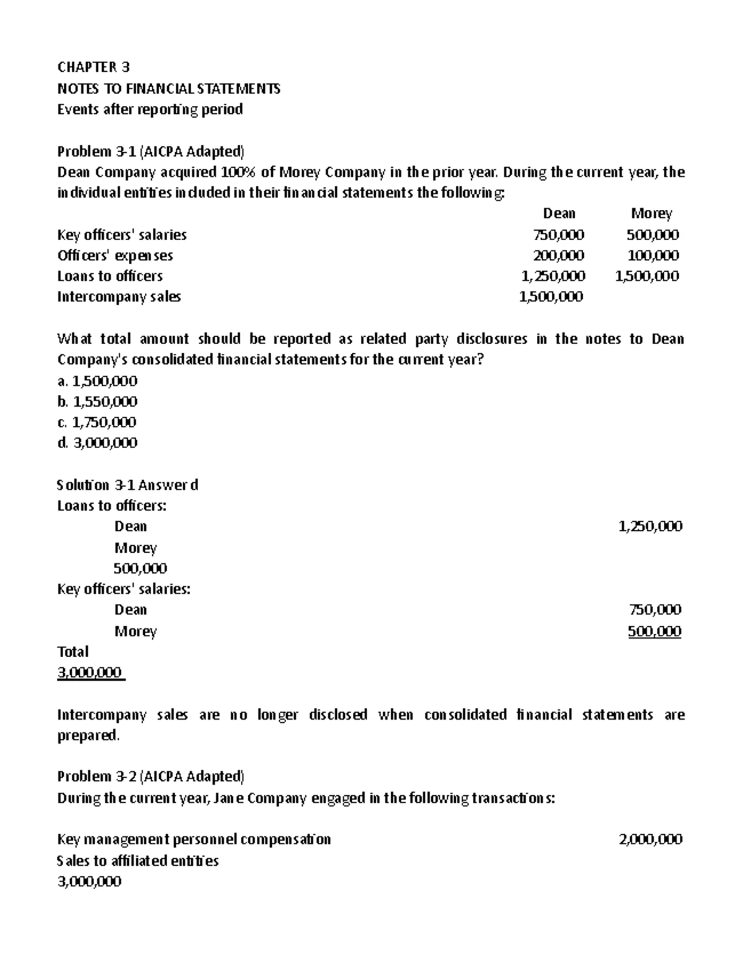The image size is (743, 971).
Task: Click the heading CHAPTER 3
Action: [x=93, y=67]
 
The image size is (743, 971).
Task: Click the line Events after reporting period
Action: [x=150, y=110]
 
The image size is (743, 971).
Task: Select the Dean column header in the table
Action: [x=559, y=214]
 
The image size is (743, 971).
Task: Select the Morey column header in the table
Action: [x=651, y=214]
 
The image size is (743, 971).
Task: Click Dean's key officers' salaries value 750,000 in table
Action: [x=558, y=235]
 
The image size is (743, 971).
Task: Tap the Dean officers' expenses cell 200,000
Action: [x=558, y=255]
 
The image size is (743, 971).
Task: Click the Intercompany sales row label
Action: [x=119, y=296]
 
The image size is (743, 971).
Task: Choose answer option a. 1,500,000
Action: [x=97, y=381]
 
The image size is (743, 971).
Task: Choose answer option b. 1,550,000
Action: [x=97, y=402]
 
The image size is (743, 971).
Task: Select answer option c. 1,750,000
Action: [x=97, y=422]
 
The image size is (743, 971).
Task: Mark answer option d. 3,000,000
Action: [x=97, y=443]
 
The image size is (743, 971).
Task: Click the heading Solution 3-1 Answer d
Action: [x=128, y=485]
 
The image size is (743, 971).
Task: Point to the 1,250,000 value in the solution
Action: [x=650, y=527]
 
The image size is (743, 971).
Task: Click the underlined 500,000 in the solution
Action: [x=654, y=631]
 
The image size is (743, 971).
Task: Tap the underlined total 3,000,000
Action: [x=90, y=673]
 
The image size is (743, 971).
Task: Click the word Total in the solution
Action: [x=73, y=652]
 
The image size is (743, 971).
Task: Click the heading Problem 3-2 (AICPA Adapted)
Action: [x=150, y=776]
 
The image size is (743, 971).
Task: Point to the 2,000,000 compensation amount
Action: [x=650, y=839]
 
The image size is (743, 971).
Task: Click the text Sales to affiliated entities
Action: [x=137, y=860]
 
